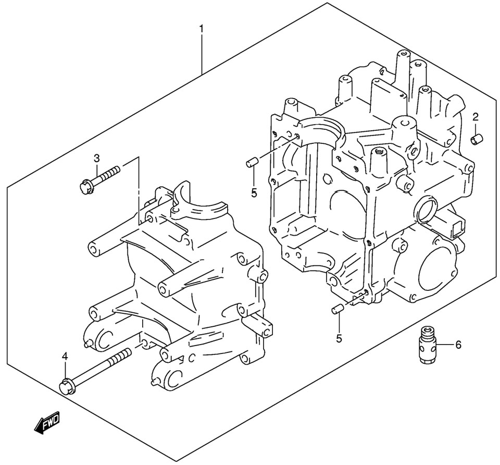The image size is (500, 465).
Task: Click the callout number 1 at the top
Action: click(x=202, y=30)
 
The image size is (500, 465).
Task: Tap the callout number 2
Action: click(x=475, y=117)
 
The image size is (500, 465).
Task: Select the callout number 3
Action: click(x=96, y=158)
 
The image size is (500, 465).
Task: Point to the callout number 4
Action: click(x=65, y=356)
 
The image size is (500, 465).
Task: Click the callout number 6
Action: click(x=458, y=345)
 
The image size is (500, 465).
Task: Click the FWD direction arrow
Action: click(x=47, y=422)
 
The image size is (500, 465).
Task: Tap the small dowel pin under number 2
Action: click(x=476, y=140)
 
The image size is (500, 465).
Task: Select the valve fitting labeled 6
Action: click(x=427, y=345)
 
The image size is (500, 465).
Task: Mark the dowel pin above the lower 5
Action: click(x=337, y=310)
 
